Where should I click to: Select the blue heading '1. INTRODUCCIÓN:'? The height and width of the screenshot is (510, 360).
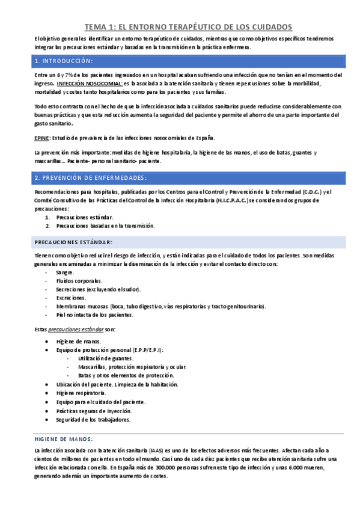[64, 61]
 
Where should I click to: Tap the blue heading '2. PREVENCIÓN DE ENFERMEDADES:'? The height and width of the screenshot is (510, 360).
[91, 178]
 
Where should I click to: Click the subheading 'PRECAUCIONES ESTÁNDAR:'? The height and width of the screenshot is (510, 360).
[73, 242]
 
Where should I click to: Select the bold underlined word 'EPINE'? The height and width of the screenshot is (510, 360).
[41, 138]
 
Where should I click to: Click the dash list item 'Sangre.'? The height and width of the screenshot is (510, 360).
[64, 272]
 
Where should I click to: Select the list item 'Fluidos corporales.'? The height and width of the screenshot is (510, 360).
[79, 281]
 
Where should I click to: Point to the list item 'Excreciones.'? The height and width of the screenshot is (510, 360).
[71, 298]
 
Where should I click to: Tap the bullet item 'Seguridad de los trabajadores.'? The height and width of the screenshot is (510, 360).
[93, 419]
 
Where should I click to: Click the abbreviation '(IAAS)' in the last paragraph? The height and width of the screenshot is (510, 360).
[158, 450]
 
